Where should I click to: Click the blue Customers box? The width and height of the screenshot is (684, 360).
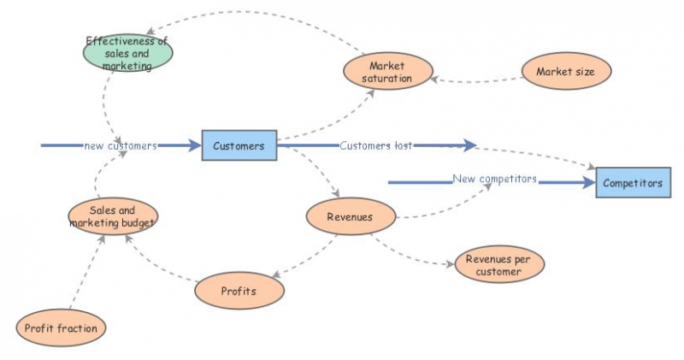(239, 146)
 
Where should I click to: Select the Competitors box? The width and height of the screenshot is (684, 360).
(632, 183)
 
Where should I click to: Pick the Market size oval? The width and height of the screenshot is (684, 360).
(565, 72)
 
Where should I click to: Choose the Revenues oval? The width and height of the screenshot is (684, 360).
(350, 216)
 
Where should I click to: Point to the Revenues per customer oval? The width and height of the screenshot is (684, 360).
(500, 265)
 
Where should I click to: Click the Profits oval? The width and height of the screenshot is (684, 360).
(239, 291)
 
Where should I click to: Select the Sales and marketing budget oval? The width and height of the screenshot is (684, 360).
(113, 217)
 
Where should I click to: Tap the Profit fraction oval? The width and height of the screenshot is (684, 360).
(61, 328)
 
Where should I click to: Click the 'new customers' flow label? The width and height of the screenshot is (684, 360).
(120, 146)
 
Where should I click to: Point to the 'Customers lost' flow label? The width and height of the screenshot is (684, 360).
(376, 145)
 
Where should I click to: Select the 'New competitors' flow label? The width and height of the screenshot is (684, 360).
(495, 180)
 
